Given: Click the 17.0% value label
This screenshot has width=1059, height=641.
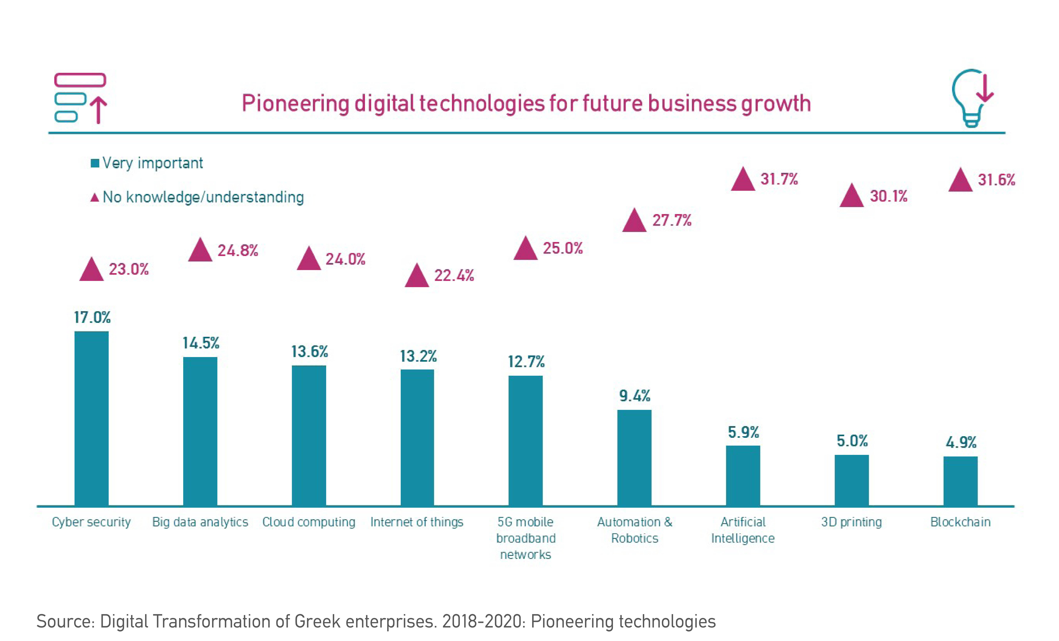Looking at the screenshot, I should click(92, 317).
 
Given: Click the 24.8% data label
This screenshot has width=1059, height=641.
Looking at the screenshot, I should click(238, 250).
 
